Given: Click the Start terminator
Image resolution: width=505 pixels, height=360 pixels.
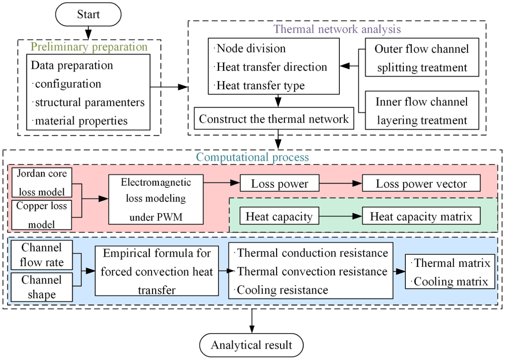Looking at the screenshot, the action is point(88,14).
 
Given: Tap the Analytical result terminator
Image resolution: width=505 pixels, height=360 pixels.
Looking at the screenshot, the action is point(251,345).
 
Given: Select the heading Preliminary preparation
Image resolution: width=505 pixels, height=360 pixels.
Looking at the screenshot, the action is point(89,47).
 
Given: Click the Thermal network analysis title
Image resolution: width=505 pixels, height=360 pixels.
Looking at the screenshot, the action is point(337,29).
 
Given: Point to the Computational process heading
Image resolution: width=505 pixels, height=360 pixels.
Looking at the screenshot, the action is point(252,157).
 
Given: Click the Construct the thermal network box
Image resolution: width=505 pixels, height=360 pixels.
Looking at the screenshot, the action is point(274,119).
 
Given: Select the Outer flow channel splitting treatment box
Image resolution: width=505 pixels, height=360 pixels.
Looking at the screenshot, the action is point(422,57).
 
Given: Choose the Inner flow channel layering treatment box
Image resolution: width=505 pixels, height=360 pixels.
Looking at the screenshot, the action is point(422,110).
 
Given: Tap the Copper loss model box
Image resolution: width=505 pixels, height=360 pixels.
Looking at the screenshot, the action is point(42,215).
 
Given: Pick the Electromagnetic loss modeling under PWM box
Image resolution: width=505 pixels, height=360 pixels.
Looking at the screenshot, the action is point(156,199).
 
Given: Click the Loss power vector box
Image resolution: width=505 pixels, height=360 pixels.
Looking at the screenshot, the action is point(421,183).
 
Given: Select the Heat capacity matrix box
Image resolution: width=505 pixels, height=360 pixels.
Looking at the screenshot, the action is point(421,216).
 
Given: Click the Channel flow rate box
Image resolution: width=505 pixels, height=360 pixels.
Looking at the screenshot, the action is point(42,255).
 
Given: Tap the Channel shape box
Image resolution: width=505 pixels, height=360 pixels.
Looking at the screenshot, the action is point(42,287).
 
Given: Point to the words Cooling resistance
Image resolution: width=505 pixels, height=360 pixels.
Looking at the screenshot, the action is point(283,290).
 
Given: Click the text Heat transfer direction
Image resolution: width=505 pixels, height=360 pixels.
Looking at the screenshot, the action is point(271,67).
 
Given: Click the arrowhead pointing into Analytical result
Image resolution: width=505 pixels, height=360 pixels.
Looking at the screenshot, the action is point(252,329).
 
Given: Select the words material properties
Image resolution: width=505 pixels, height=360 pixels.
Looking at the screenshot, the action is point(82,121).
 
